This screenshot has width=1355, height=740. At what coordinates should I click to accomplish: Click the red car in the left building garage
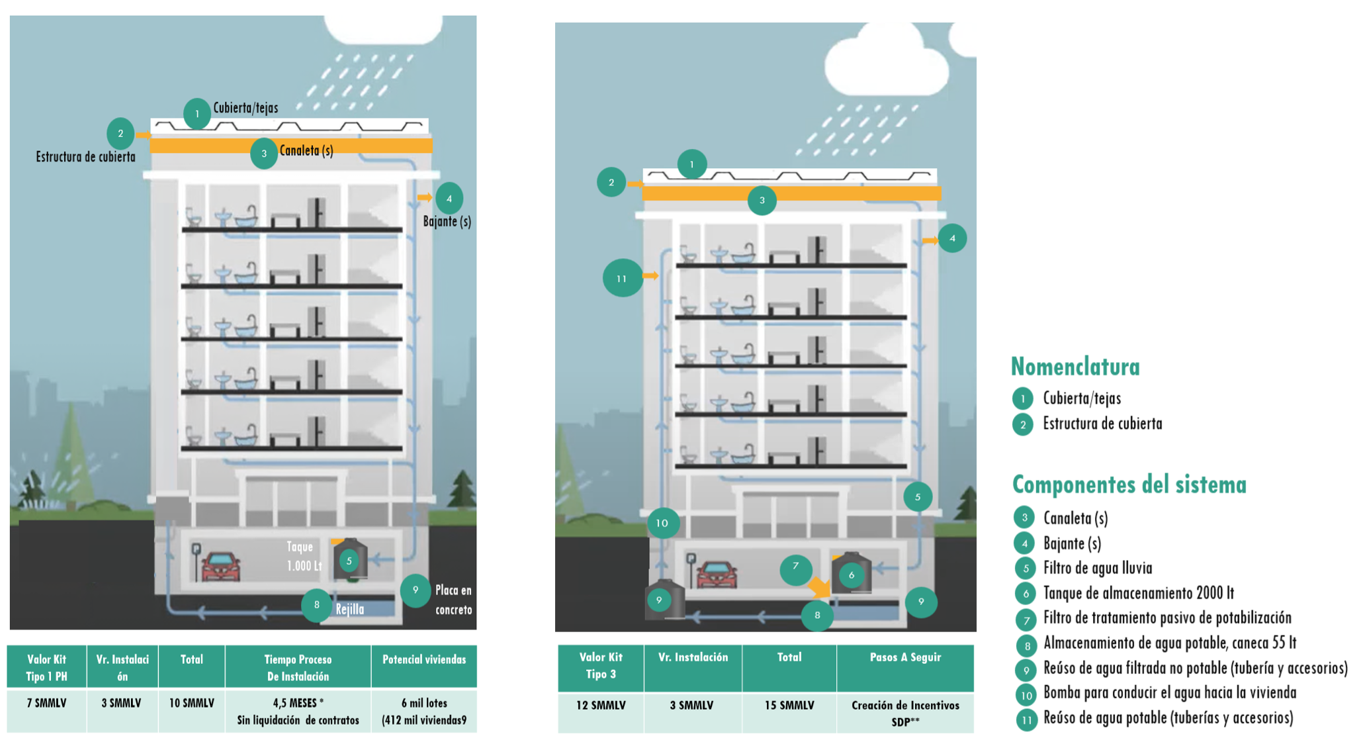220,567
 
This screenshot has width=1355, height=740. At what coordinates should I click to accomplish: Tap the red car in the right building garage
716,575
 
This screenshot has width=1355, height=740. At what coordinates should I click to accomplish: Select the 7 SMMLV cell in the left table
46,703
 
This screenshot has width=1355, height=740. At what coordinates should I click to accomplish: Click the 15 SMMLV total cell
789,706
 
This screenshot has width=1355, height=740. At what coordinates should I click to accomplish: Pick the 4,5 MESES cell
298,703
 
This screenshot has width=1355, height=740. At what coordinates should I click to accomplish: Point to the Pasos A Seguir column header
905,657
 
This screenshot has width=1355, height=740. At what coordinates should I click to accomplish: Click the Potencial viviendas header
424,659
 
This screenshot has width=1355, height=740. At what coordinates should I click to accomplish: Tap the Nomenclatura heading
1075,367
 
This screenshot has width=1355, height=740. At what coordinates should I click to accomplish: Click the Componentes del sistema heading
1129,485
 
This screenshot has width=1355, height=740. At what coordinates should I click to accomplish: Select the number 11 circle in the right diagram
622,278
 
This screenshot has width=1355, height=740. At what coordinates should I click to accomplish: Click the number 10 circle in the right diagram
662,523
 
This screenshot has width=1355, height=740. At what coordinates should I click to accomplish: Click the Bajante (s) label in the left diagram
447,221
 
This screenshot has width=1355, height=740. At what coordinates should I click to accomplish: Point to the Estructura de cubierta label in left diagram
85,157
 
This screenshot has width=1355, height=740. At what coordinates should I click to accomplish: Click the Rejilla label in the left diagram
349,610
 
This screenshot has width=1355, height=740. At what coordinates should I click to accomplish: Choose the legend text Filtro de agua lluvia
1098,568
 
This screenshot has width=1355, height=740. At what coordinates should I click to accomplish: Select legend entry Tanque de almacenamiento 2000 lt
1138,593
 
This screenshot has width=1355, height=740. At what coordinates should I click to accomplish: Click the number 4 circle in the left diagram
449,199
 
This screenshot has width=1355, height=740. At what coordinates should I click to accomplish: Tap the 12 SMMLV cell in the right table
600,706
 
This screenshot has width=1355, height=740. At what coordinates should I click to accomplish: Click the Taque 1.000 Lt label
303,556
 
